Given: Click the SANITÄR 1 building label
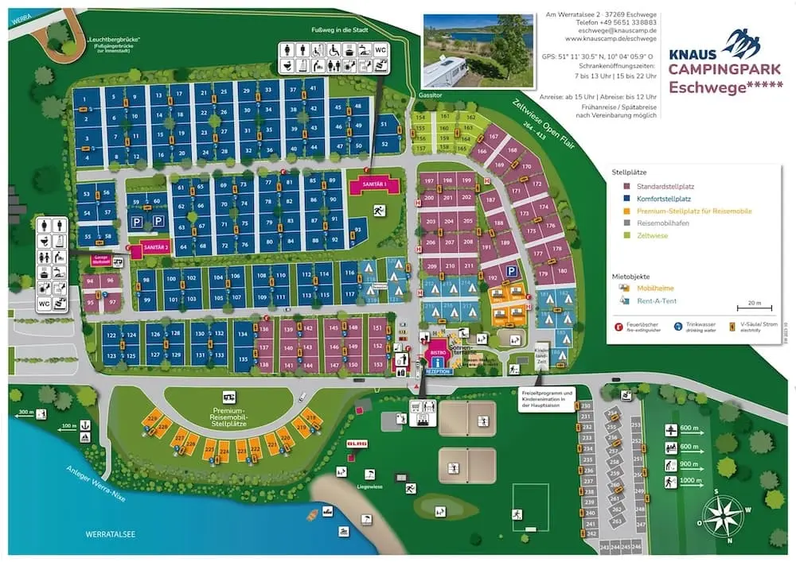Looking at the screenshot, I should tap(374, 184).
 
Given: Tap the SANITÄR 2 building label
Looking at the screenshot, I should tap(155, 248).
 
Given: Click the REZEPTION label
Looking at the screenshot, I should tap(438, 370).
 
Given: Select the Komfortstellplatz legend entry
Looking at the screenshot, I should tap(661, 198).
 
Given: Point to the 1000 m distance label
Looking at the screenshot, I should tap(691, 480).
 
